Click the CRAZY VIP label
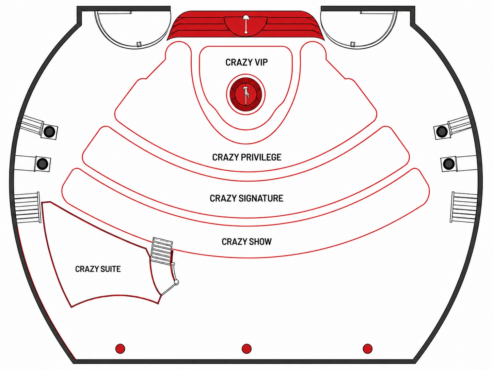246,62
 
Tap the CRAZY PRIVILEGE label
246,157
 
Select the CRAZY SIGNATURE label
246,198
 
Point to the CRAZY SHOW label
246,242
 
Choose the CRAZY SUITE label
98,269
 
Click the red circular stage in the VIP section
246,94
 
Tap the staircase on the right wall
464,207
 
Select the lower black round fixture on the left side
42,163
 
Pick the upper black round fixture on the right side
442,132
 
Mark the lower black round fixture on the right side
448,163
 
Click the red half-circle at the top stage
246,26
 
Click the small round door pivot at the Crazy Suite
177,282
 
